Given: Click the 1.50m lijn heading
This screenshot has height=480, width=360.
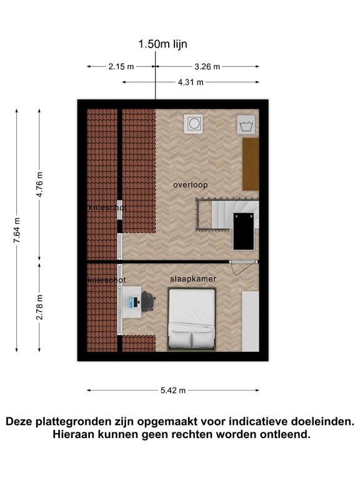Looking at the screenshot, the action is click(x=162, y=44).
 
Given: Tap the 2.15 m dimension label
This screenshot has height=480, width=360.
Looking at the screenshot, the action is click(x=121, y=66).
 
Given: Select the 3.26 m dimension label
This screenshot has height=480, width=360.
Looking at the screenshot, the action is click(x=207, y=66).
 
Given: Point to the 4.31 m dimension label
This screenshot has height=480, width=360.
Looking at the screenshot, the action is click(x=191, y=82).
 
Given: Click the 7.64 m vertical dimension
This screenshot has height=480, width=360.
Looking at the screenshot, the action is click(x=17, y=230).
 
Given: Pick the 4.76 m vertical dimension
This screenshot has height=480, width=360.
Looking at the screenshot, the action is click(x=39, y=184).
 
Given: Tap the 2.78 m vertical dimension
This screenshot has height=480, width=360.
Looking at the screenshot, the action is click(x=39, y=307).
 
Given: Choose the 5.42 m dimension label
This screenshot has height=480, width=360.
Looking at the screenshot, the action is click(x=173, y=390).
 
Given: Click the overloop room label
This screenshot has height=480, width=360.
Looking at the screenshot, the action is click(x=191, y=185).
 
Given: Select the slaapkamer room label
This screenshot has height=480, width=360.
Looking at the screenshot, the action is click(x=193, y=279).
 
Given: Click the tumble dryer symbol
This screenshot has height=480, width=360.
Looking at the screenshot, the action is click(x=194, y=124).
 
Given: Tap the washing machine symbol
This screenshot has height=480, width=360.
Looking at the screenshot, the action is click(x=246, y=125).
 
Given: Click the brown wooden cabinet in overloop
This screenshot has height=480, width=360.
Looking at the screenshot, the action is click(x=251, y=164).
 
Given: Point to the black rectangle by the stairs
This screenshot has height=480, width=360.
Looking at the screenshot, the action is click(x=244, y=231).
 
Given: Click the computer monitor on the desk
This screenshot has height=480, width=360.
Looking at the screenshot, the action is click(x=131, y=302).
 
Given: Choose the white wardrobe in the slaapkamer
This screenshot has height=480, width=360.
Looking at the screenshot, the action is click(x=251, y=321).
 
